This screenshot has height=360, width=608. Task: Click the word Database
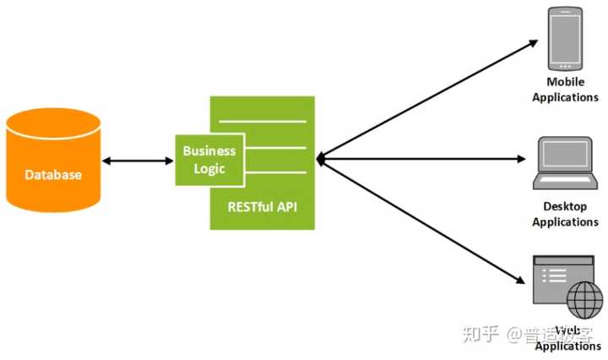coord(53,175)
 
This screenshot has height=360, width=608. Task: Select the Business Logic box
coord(209,160)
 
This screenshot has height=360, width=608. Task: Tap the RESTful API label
coord(262,205)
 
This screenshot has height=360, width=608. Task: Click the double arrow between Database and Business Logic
coord(137,160)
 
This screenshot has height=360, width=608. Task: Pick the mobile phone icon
coord(566,39)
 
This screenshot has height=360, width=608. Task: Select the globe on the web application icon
coord(584,299)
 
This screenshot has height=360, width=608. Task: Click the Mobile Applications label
coord(565,90)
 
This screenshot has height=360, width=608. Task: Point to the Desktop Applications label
coord(565,214)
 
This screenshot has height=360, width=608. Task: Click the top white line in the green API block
coord(262,122)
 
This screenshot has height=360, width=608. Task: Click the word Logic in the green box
coord(209,168)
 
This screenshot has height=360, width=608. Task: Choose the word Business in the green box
coord(209,151)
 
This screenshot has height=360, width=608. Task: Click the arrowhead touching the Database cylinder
coord(105,160)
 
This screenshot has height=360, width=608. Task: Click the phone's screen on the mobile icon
coord(566,37)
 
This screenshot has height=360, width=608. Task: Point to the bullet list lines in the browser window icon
coord(556,275)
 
